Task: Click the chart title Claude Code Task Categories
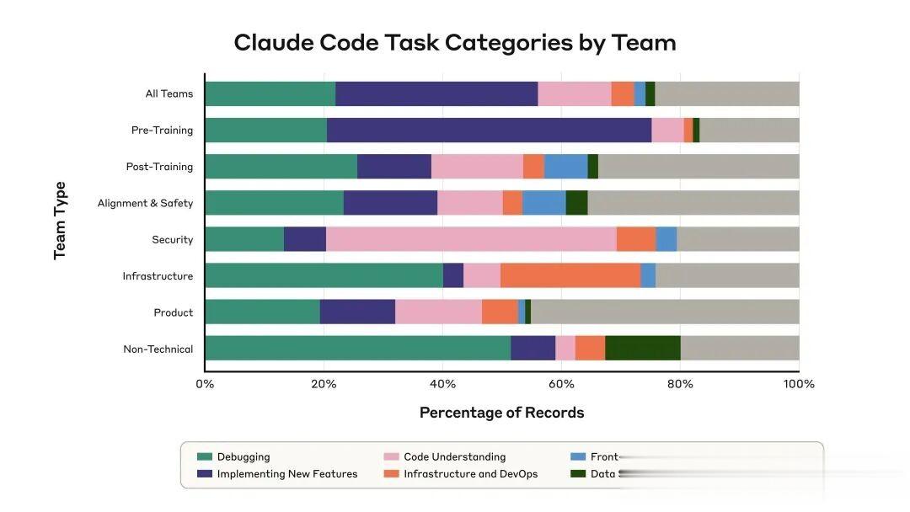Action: coord(455,42)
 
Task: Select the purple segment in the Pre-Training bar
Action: coord(489,130)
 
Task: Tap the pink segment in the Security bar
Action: coord(471,239)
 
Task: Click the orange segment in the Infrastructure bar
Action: coord(570,275)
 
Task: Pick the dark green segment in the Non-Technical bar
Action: coord(643,349)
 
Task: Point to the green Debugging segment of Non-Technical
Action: coord(357,349)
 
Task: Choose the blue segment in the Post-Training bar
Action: coord(565,166)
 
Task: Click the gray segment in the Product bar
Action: coord(665,312)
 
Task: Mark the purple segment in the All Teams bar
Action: coord(436,93)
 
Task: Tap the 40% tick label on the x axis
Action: coord(442,384)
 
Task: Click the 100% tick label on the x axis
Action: coord(799,384)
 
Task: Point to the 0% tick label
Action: coord(205,384)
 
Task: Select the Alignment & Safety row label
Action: coord(145,203)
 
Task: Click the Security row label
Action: coord(172,240)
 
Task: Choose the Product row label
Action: coord(173,312)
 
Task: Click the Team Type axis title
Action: coord(60,221)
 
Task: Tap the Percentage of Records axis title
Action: coord(501,413)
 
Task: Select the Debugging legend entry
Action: coord(243,456)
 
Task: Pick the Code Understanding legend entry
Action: coord(454,456)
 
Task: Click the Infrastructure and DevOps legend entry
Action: coord(470,474)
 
